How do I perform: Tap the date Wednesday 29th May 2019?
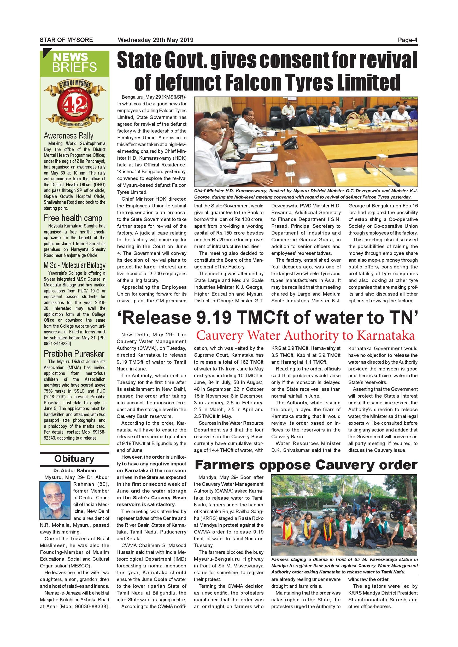point(155,40)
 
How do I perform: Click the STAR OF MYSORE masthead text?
point(66,40)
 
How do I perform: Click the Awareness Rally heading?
point(68,136)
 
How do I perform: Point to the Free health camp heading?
point(73,218)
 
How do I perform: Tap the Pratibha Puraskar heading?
point(74,354)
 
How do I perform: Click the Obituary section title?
point(74,459)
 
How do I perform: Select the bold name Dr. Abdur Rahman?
point(74,471)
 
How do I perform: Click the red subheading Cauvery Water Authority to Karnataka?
point(306,336)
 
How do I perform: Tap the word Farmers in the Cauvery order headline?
point(225,465)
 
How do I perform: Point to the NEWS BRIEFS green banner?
point(74,63)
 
